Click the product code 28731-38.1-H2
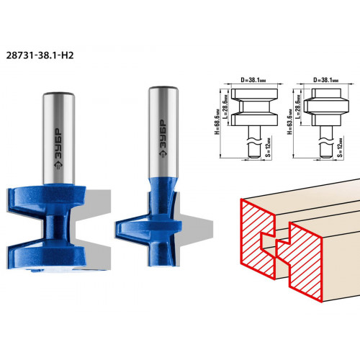point(40,55)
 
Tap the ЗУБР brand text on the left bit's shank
point(58,143)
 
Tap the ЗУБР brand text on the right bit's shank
point(163,135)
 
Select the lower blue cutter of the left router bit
point(46,254)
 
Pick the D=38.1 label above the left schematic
point(253,80)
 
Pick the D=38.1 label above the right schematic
point(326,80)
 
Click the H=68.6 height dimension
point(217,122)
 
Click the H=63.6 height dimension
point(289,122)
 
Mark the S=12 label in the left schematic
point(269,147)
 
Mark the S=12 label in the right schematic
point(340,147)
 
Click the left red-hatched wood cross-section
point(258,239)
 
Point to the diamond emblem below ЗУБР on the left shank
point(58,166)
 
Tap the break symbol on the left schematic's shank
point(254,141)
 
